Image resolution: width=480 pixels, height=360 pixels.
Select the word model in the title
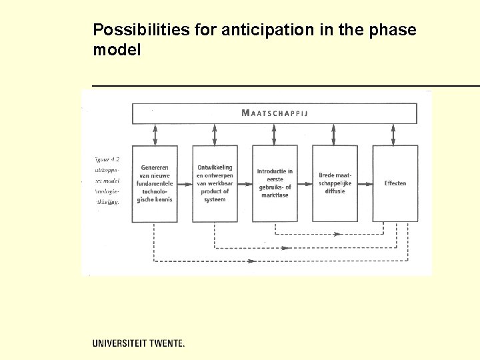coord(117,49)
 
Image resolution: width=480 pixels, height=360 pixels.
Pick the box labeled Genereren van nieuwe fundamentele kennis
coord(155,183)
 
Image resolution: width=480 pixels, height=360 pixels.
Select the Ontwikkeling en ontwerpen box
coord(215,183)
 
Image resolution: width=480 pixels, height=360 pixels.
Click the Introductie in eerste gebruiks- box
coord(275,183)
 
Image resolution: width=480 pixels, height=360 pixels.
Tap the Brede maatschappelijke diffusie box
coord(335,183)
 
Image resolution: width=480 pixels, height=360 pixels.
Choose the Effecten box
coord(395,183)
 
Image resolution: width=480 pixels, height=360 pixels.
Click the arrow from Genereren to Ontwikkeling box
coord(185,183)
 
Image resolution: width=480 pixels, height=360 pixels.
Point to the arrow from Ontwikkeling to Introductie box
coord(245,183)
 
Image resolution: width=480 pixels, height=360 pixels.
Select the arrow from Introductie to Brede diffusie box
coord(305,183)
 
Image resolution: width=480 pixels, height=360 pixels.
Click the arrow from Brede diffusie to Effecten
coord(365,183)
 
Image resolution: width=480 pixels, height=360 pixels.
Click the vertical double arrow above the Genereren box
coord(155,135)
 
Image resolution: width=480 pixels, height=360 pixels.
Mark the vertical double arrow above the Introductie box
coord(275,135)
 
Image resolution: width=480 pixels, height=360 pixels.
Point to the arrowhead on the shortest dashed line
coord(337,234)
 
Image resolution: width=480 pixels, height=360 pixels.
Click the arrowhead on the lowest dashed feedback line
coord(251,261)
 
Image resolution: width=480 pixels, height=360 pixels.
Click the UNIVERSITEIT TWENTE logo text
coord(139,343)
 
